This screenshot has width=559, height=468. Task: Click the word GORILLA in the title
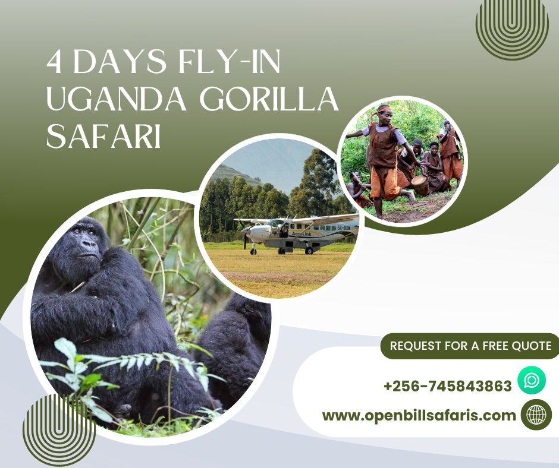coord(269,99)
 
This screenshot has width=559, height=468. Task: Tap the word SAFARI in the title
coord(103,136)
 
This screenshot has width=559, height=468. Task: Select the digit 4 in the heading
coord(54,62)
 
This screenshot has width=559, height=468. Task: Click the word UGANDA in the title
coord(117,99)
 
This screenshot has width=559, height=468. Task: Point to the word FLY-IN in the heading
coord(229,62)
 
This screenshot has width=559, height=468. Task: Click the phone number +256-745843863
coord(447,386)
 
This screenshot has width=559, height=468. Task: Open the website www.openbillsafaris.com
coord(419,416)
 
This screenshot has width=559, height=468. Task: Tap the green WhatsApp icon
coord(532,380)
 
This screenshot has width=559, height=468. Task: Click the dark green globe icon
coord(536,415)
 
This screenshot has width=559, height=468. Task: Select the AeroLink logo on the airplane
coord(302,234)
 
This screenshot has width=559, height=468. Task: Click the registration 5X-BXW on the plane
coord(343,227)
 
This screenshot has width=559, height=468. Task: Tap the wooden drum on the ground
coord(420,185)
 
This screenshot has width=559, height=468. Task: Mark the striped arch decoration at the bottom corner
coord(59,431)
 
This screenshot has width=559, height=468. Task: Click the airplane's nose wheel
coord(253,251)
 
